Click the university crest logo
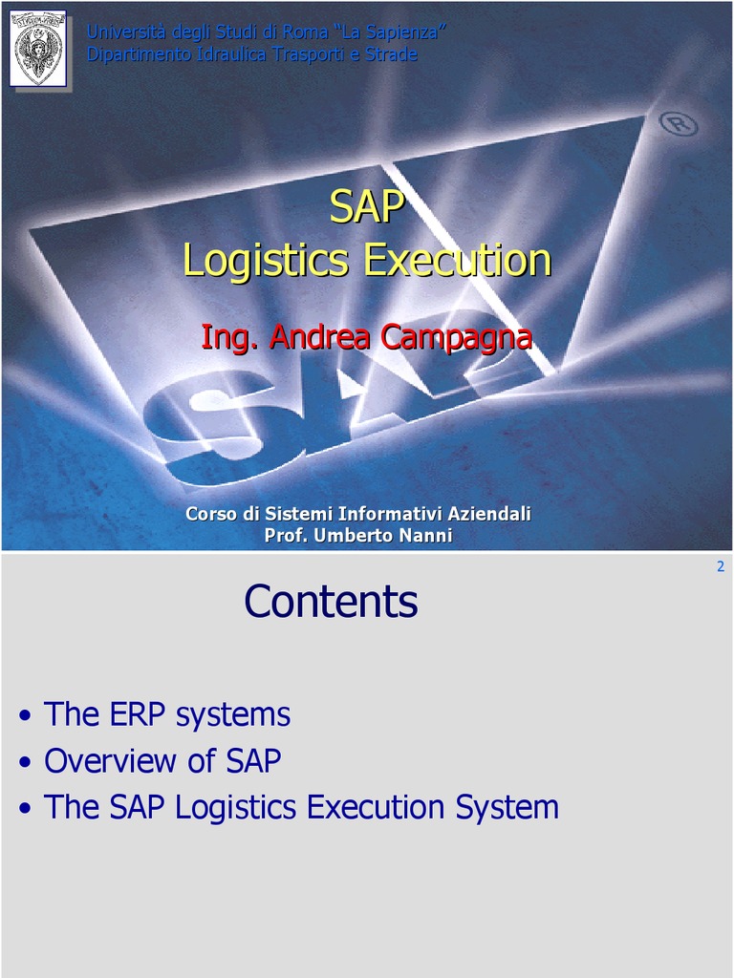click(38, 49)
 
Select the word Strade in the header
click(392, 54)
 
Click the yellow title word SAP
click(367, 207)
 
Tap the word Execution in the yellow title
click(458, 261)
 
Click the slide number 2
click(720, 566)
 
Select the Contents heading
click(331, 602)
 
